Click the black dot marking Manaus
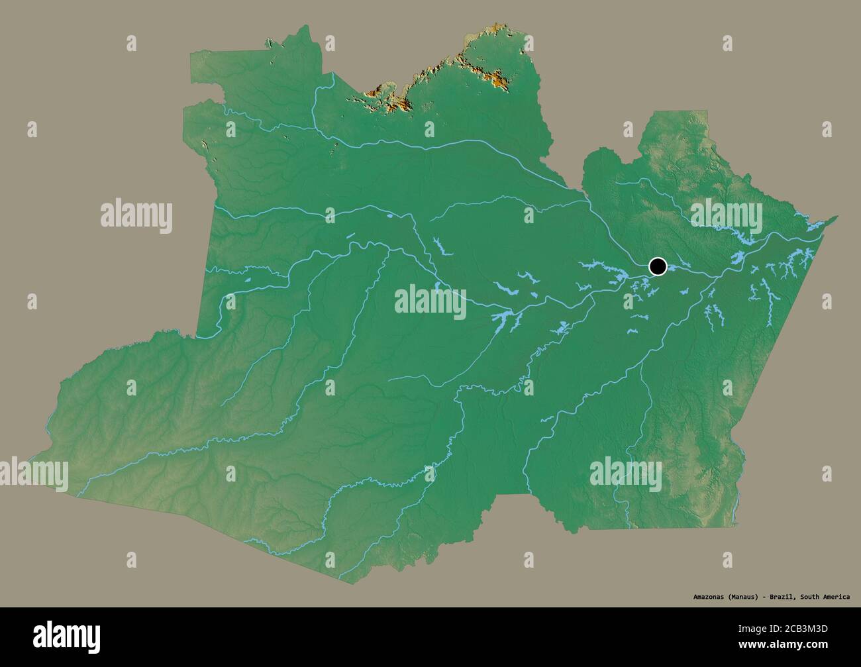(x=658, y=266)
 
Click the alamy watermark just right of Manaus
(x=726, y=217)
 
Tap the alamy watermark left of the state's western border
(x=136, y=217)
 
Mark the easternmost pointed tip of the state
(x=837, y=216)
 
